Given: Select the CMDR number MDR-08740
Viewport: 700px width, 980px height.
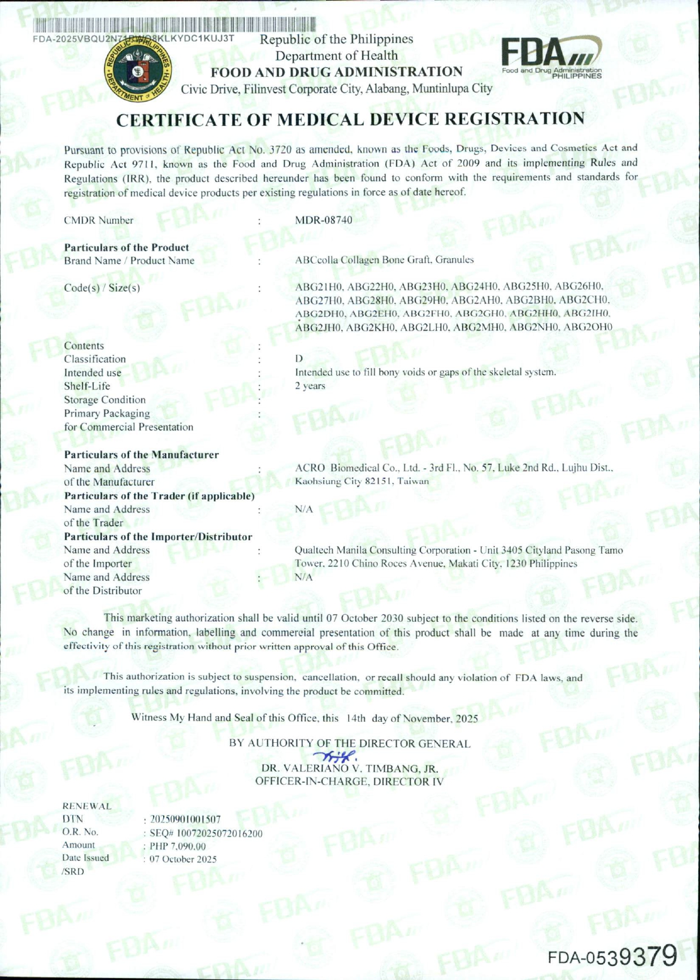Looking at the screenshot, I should click(x=323, y=220).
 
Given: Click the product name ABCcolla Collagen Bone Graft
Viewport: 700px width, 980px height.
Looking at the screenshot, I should click(x=384, y=260).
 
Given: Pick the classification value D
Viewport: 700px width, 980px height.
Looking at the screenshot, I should click(x=299, y=359).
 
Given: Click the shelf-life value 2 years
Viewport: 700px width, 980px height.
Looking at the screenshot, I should click(x=310, y=386).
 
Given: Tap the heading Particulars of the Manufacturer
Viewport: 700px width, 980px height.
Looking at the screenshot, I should click(x=141, y=455).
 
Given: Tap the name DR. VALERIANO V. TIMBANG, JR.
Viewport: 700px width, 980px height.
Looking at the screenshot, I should click(x=350, y=769).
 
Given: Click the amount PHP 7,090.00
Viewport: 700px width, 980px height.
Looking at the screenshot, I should click(x=177, y=846).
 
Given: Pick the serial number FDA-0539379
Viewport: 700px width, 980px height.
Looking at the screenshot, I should click(x=611, y=956).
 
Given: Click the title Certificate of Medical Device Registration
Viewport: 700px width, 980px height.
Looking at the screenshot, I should click(x=350, y=119).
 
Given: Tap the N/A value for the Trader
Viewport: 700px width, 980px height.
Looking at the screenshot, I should click(x=304, y=509).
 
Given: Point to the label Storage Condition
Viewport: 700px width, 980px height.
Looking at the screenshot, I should click(x=105, y=400).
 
